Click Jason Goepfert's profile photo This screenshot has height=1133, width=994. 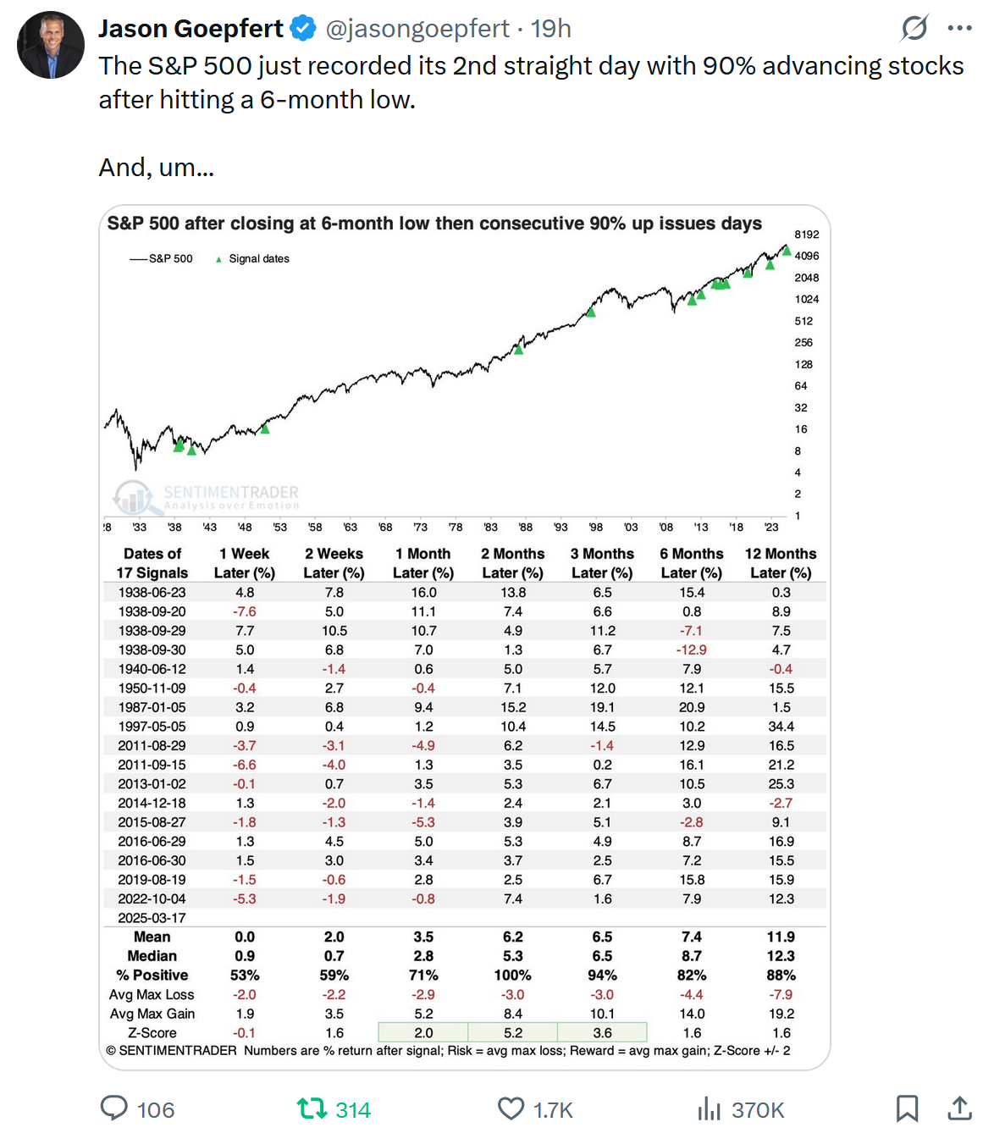coord(51,45)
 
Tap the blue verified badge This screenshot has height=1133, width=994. coord(302,29)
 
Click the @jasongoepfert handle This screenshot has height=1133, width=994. coord(417,29)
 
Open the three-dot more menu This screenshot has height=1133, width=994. coord(959,29)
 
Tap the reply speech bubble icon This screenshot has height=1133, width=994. coord(114,1108)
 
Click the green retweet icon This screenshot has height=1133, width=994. coord(312,1108)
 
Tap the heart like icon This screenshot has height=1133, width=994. coord(511,1108)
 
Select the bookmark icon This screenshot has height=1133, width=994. coord(907,1108)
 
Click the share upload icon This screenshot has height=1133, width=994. coord(959,1108)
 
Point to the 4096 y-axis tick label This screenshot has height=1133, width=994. coord(806,256)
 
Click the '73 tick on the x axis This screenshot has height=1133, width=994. coord(420,527)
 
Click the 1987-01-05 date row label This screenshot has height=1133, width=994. coord(152,707)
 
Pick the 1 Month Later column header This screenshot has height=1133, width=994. coord(423,563)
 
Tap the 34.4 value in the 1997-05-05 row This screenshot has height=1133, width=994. coord(781,727)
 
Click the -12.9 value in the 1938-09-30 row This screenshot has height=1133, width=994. coord(692,649)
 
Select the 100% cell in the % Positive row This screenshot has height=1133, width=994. coord(513,975)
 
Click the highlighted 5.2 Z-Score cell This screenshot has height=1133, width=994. coord(513,1033)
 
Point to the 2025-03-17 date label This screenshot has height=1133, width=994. coord(152,918)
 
